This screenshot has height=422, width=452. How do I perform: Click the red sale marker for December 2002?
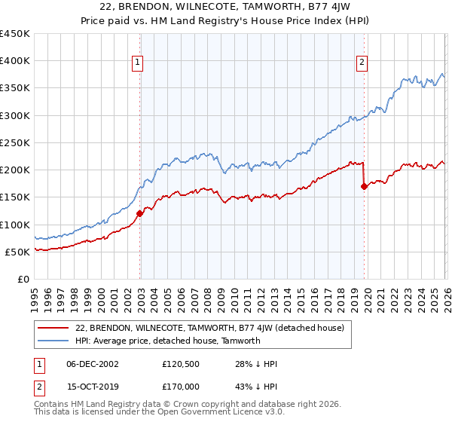pos(139,213)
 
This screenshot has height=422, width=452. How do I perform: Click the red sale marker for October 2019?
pos(364,187)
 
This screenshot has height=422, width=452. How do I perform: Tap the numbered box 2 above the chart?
pos(362,63)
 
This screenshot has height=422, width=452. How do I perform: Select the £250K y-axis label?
pos(15,142)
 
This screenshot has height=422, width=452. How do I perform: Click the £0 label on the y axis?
pos(23,279)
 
